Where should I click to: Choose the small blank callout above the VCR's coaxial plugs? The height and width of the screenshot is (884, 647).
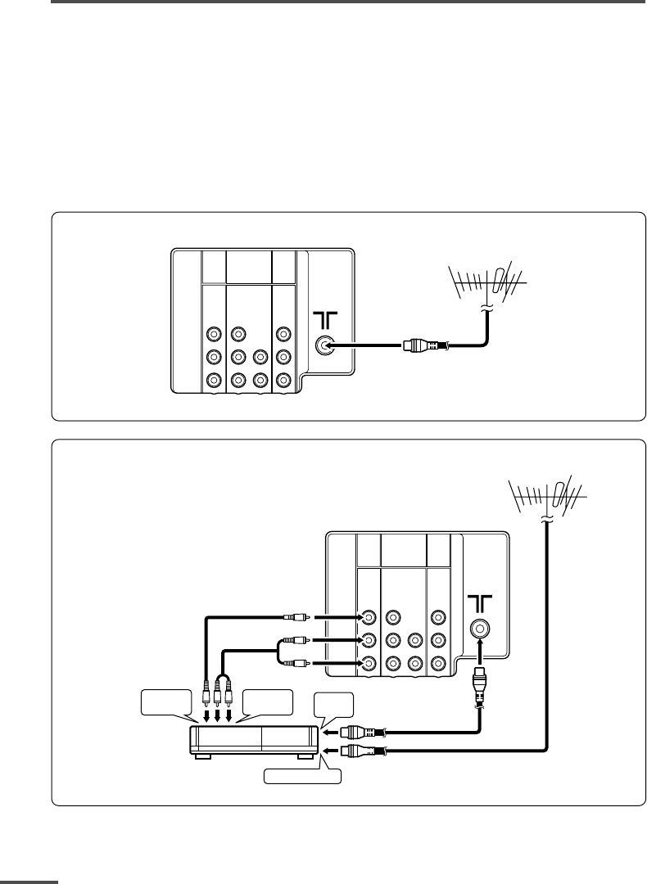pos(335,705)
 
